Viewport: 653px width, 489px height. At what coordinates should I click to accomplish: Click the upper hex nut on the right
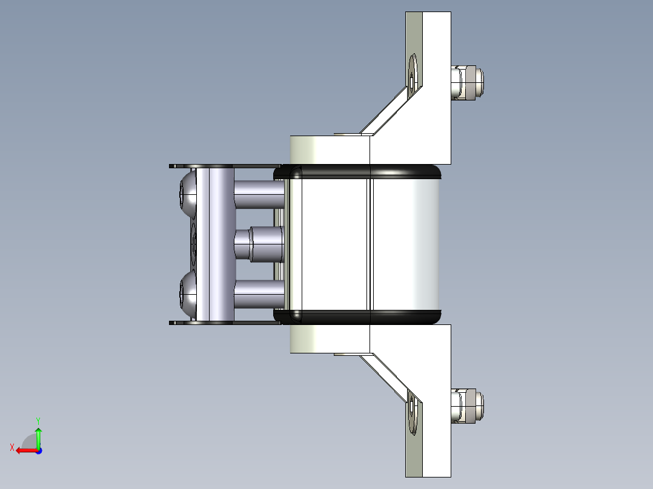point(468,83)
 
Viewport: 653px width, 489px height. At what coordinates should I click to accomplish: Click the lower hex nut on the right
point(468,406)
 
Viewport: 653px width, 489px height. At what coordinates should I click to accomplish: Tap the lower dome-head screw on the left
point(188,295)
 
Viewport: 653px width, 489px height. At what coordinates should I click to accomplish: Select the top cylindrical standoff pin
point(259,194)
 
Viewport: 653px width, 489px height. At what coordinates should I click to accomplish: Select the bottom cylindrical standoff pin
point(259,294)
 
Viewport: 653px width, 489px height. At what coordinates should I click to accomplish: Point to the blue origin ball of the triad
point(38,450)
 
